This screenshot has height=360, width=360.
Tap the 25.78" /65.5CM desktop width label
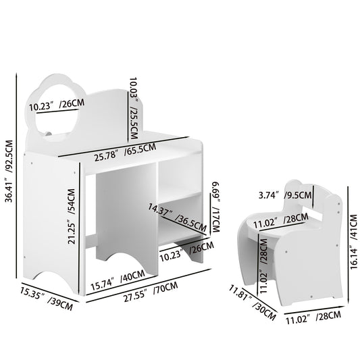point(125,151)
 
